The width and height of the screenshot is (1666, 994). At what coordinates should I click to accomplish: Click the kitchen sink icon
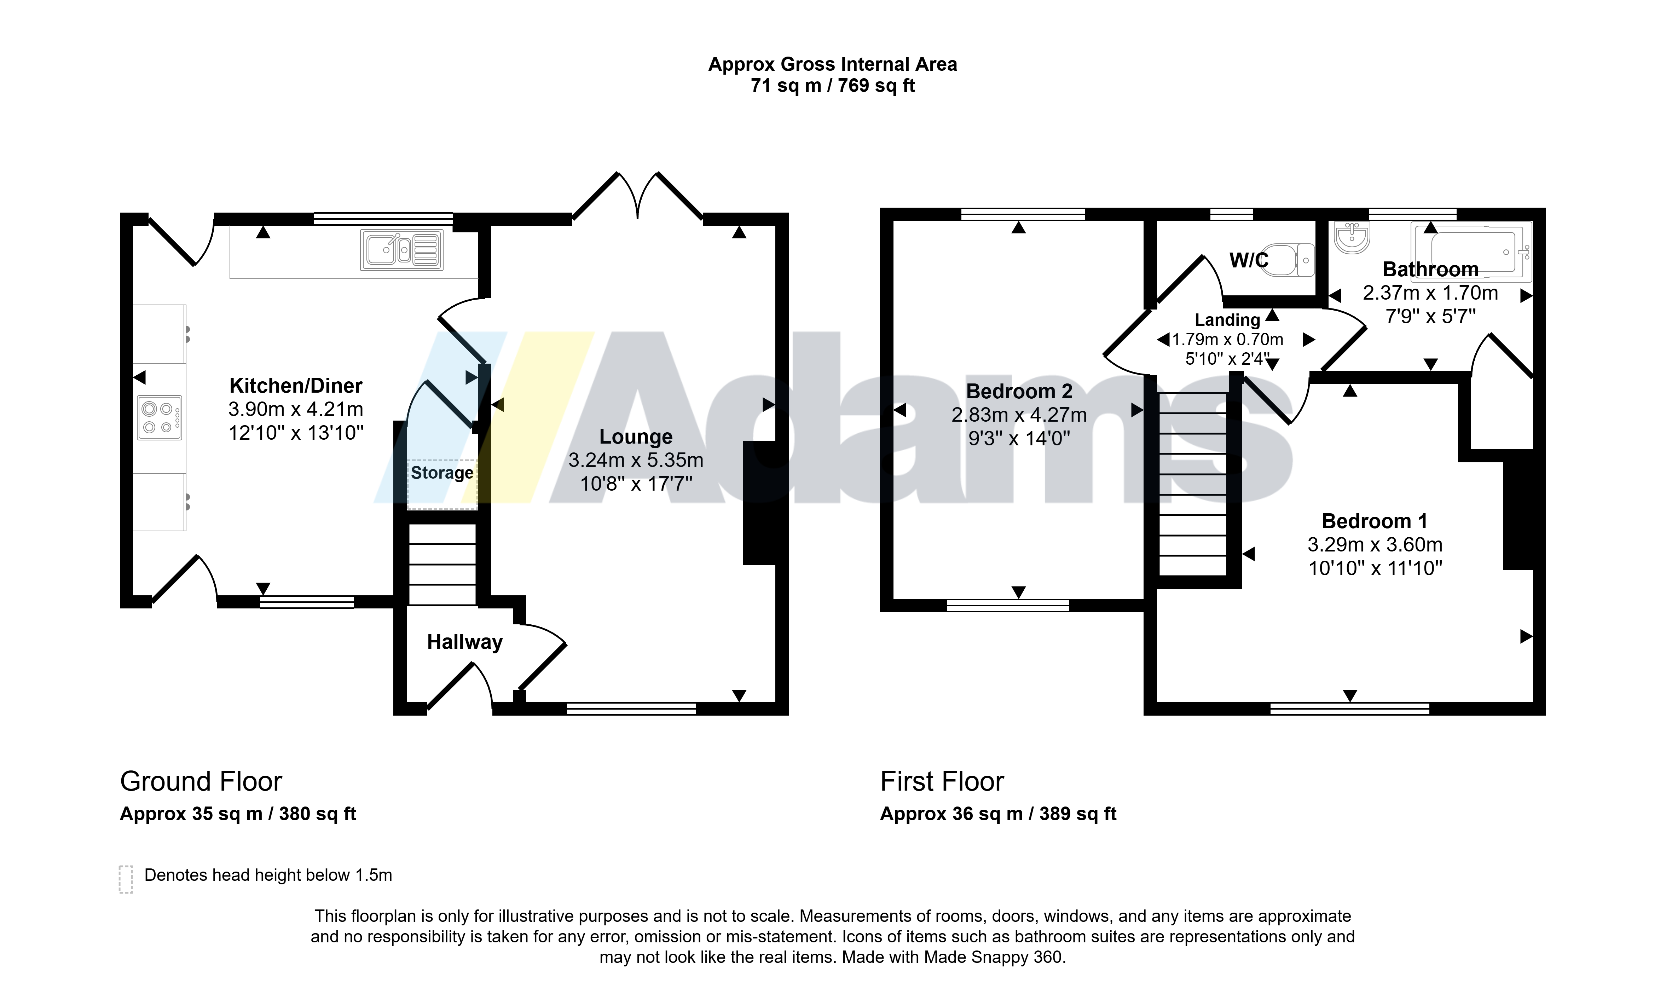[x=402, y=250]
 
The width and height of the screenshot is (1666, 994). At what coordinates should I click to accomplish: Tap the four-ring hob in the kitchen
[x=160, y=418]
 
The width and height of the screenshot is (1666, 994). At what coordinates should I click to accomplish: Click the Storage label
[x=442, y=473]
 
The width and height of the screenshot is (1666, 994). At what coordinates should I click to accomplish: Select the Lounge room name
[x=636, y=437]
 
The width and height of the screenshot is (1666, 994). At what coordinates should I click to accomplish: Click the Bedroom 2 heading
[x=1019, y=391]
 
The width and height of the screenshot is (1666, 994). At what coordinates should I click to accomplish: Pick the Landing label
[x=1227, y=320]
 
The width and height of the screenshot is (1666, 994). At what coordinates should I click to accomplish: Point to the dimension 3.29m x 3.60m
[x=1375, y=544]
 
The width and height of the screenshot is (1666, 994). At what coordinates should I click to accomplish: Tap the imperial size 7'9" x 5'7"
[x=1430, y=316]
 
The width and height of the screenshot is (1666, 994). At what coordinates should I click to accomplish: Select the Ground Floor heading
[x=201, y=782]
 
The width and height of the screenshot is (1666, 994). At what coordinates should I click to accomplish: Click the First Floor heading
[x=942, y=782]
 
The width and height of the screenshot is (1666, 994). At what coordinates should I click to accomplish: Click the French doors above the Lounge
[x=637, y=196]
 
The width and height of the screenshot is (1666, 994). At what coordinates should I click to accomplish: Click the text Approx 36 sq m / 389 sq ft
[x=998, y=814]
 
